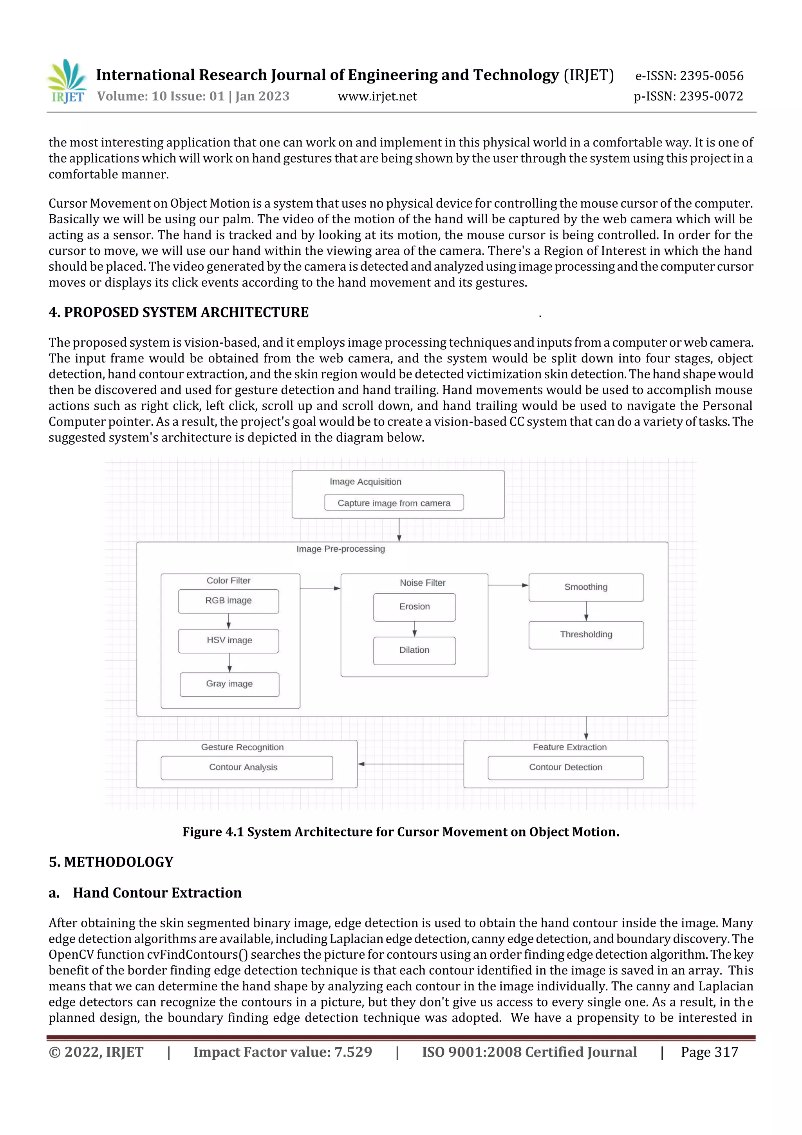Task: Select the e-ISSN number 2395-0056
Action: click(x=689, y=76)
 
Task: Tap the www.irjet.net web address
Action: click(x=377, y=96)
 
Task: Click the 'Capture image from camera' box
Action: click(x=394, y=503)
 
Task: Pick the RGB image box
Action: click(x=228, y=601)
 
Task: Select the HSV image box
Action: click(x=229, y=640)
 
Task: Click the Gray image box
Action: click(x=229, y=684)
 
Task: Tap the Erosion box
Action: click(x=414, y=606)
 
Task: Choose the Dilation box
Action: click(x=414, y=650)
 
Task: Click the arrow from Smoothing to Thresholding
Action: click(x=586, y=611)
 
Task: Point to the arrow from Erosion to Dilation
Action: click(x=414, y=629)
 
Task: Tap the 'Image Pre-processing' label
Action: click(x=340, y=549)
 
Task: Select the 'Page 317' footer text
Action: click(x=709, y=1052)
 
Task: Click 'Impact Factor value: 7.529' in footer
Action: click(x=282, y=1052)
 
